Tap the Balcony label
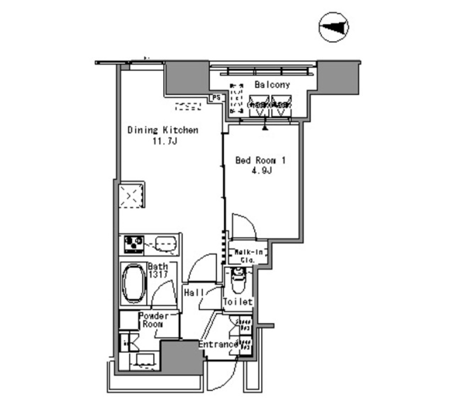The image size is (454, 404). click(272, 85)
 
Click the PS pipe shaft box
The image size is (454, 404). click(216, 98)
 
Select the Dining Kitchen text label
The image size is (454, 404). click(163, 130)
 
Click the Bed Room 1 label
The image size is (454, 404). click(261, 160)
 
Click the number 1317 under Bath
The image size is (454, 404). click(157, 275)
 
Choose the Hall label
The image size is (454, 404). click(194, 293)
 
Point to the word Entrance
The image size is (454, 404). click(218, 344)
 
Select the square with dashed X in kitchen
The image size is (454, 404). click(131, 195)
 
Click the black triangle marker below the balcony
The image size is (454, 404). click(265, 127)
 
